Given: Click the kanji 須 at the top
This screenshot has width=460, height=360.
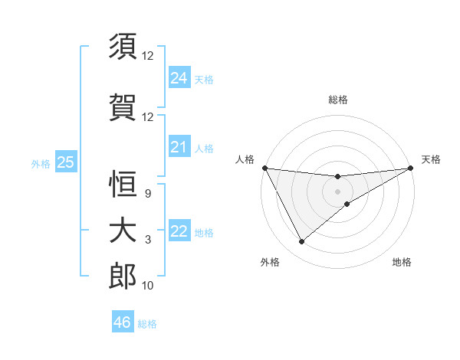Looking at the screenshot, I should pyautogui.click(x=123, y=46).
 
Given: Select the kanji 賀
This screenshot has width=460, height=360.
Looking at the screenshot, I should pyautogui.click(x=123, y=106).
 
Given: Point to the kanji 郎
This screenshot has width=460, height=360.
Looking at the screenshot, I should pyautogui.click(x=123, y=277).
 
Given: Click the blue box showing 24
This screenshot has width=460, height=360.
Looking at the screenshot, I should pyautogui.click(x=179, y=78).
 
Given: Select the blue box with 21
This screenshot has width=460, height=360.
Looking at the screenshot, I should pyautogui.click(x=179, y=147).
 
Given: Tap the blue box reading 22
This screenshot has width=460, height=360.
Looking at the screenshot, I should pyautogui.click(x=179, y=232).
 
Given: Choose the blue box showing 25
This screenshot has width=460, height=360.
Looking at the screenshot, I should pyautogui.click(x=65, y=162).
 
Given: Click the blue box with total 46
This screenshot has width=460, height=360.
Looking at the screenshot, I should pyautogui.click(x=123, y=322).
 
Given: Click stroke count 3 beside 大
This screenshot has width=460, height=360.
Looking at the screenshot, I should pyautogui.click(x=148, y=240).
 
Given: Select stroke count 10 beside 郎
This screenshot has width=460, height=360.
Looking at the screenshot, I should pyautogui.click(x=148, y=286).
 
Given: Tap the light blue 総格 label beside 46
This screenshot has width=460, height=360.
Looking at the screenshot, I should pyautogui.click(x=147, y=324).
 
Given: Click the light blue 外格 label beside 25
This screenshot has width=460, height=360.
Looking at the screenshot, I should pyautogui.click(x=40, y=163).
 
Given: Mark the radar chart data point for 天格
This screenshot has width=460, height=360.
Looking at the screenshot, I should pyautogui.click(x=411, y=168).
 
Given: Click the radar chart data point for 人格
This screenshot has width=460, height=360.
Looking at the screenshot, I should pyautogui.click(x=264, y=168).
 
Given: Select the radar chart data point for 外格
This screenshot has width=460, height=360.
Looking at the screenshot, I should pyautogui.click(x=301, y=242).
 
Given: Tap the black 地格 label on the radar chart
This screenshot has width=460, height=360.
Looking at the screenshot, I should pyautogui.click(x=402, y=262).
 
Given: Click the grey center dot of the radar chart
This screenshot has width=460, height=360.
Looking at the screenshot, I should pyautogui.click(x=338, y=191).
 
